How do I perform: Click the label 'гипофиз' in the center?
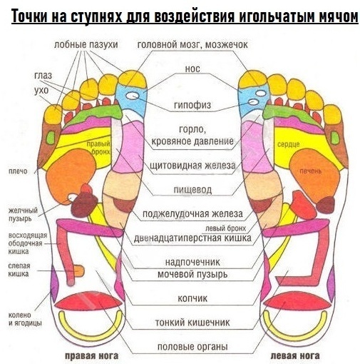tap(192, 105)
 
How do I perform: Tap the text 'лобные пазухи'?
tap(86, 44)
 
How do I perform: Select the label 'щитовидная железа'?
tap(192, 165)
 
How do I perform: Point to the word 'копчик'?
tap(192, 298)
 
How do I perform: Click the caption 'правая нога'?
tap(92, 356)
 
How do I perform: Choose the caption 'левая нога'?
tap(295, 356)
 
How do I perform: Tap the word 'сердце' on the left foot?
tap(289, 144)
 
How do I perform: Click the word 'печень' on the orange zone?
tap(310, 171)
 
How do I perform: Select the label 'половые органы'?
tap(192, 347)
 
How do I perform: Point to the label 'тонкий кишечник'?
tap(192, 323)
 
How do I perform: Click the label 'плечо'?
tap(18, 171)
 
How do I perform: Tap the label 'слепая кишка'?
tap(19, 270)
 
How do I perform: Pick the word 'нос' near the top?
tap(192, 69)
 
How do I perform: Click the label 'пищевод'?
tap(192, 190)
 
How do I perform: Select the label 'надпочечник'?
tap(192, 262)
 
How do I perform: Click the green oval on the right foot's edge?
tap(51, 137)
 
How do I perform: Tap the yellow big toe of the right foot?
tap(132, 79)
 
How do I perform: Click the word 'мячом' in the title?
tap(339, 16)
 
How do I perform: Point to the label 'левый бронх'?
tap(225, 228)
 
